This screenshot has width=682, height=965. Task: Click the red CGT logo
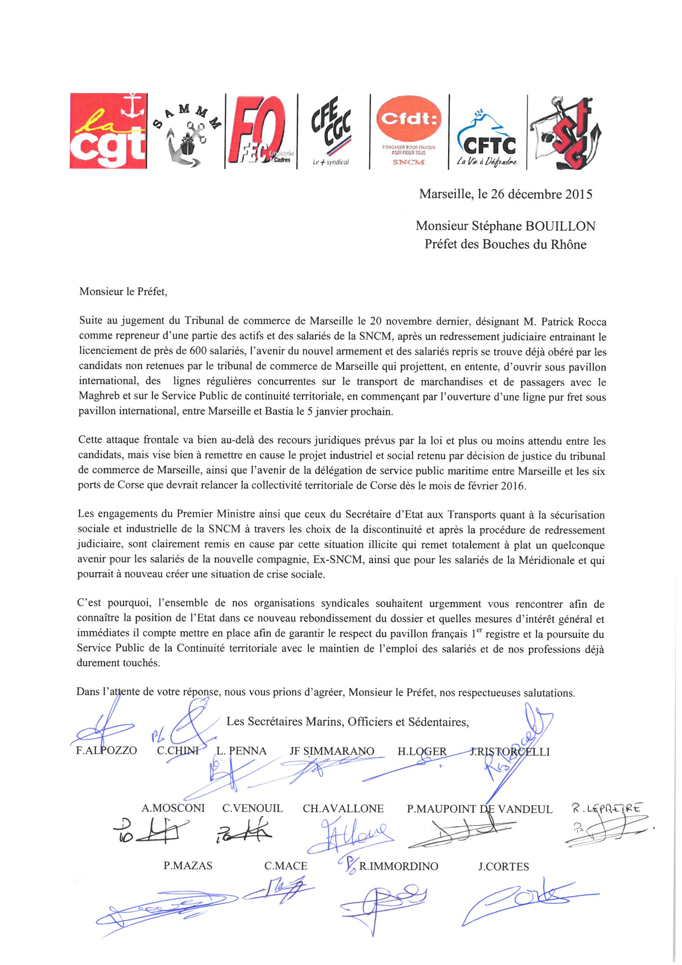click(109, 131)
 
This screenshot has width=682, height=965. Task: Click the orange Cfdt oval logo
click(408, 130)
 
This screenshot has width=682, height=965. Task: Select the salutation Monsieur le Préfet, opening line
click(123, 292)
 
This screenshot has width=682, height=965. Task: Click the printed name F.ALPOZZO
click(106, 750)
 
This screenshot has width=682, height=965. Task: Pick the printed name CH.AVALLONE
click(343, 808)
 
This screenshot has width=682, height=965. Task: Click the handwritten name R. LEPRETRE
click(607, 808)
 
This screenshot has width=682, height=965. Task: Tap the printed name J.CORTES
click(503, 866)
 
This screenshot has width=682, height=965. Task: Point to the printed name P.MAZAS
click(188, 866)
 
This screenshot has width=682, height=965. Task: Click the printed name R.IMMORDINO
click(399, 866)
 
